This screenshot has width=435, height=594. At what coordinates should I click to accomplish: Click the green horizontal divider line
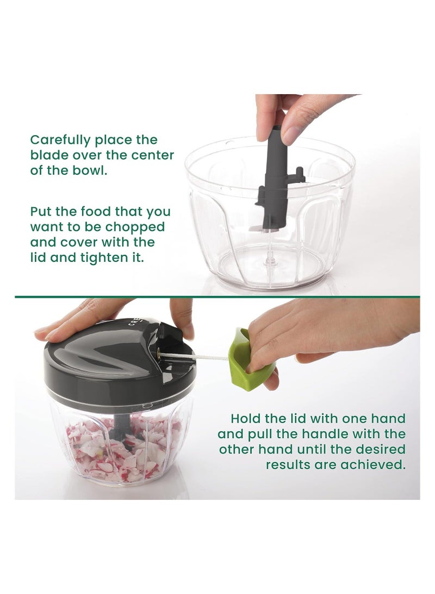(x=217, y=297)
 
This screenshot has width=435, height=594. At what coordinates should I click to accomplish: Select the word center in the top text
(x=146, y=155)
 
